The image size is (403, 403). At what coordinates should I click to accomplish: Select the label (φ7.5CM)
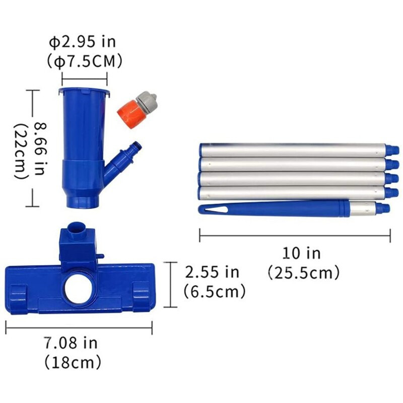84,61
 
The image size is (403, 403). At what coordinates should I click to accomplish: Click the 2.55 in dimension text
212,272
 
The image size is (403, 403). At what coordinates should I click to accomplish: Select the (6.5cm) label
215,291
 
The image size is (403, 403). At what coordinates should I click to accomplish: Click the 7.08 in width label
71,344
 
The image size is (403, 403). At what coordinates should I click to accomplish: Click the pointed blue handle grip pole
272,207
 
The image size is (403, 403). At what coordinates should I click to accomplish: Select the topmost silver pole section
292,150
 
